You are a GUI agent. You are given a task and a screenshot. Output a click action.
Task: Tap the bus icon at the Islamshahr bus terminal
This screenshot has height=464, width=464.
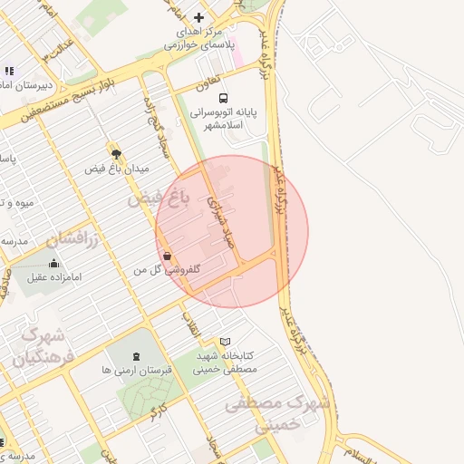pos(224,98)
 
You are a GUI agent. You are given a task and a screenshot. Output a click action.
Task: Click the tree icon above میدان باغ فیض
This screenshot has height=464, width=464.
pos(115,153)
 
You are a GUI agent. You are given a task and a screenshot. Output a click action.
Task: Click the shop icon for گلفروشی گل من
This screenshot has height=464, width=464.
pos(169,256)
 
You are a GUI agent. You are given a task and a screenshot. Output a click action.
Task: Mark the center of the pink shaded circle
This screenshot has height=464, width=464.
pos(232,232)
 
